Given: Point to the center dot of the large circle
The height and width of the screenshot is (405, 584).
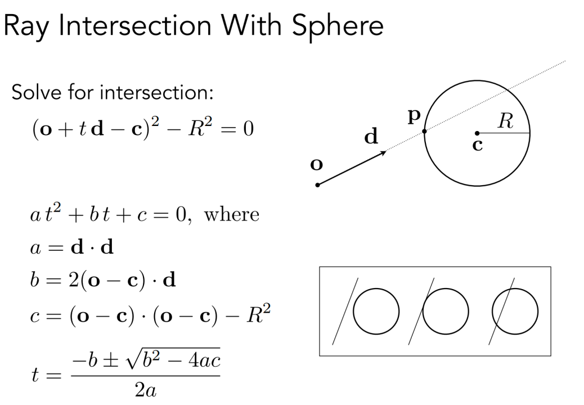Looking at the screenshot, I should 477,133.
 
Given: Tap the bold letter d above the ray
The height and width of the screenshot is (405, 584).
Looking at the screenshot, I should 371,137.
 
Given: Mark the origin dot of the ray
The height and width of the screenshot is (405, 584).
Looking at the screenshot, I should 318,185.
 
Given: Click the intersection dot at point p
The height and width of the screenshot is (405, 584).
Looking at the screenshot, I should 424,132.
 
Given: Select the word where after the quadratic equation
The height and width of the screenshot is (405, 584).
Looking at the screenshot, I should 232,215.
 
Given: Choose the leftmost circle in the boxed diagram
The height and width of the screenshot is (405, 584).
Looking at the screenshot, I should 375,311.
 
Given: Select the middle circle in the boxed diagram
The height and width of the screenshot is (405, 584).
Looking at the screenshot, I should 446,311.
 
